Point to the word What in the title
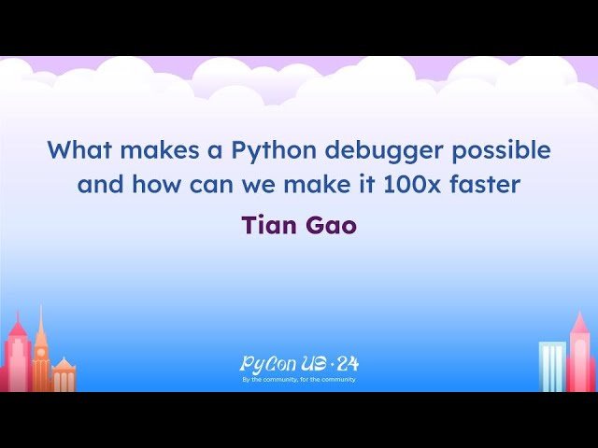click(77, 149)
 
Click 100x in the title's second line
click(415, 185)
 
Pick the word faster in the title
click(486, 185)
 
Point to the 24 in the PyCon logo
click(347, 364)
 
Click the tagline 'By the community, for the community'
click(299, 380)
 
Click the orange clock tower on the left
click(41, 350)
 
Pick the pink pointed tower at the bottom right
click(580, 355)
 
